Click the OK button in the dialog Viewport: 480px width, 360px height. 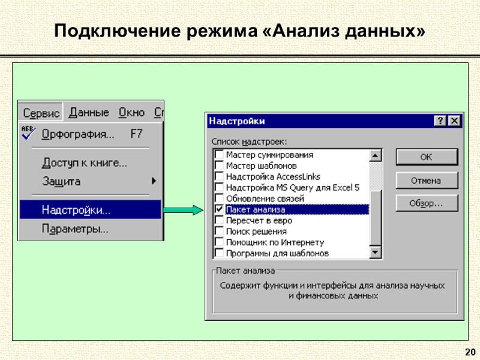click(426, 158)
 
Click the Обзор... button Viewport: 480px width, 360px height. click(426, 203)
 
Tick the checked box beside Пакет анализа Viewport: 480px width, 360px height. click(219, 209)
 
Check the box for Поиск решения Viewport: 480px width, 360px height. click(219, 231)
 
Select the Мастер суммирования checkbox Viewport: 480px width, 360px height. click(219, 154)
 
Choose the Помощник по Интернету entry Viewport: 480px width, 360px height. click(275, 242)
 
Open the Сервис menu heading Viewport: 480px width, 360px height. click(41, 113)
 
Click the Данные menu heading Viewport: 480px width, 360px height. click(89, 113)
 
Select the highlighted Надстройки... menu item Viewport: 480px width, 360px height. click(76, 210)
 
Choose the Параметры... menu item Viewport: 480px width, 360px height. click(75, 229)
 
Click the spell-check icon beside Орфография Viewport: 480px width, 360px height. click(28, 133)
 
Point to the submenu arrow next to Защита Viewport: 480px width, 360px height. click(154, 181)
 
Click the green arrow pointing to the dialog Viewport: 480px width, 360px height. click(184, 210)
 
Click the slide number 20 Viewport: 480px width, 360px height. click(470, 352)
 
